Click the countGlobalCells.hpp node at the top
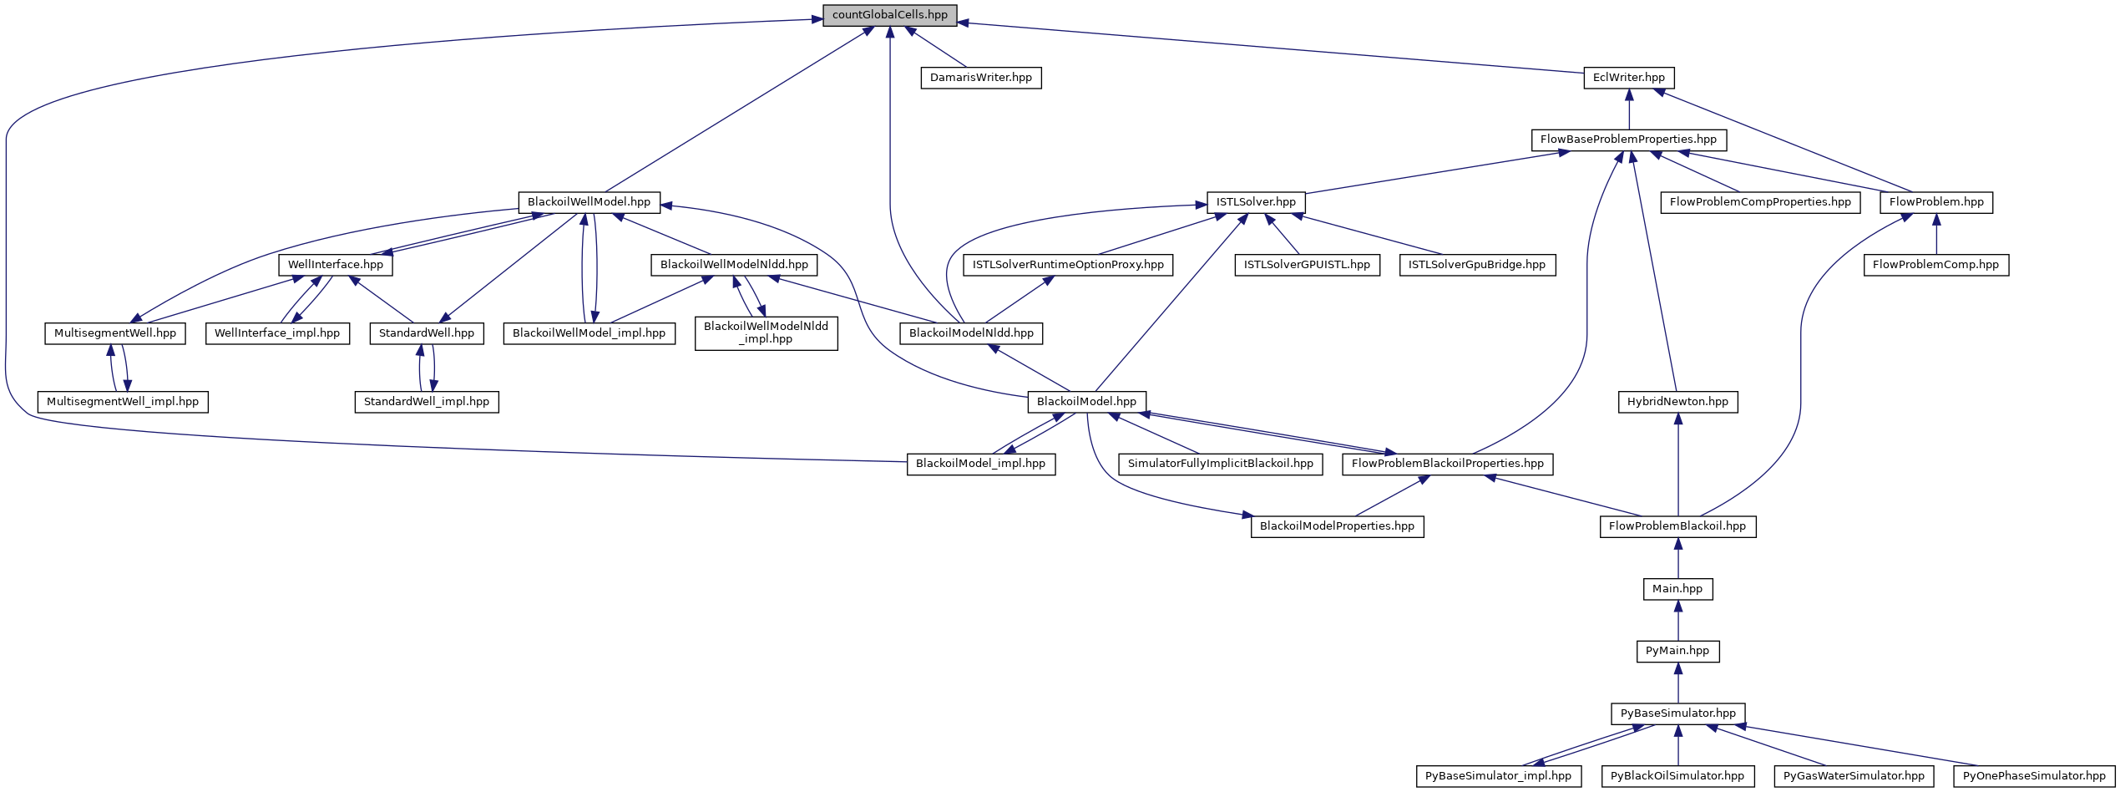tap(889, 15)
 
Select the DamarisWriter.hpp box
tap(980, 78)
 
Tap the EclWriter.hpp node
tap(1628, 78)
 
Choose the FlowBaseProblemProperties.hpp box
tap(1628, 140)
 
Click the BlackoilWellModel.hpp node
tap(589, 202)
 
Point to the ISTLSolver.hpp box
tap(1256, 202)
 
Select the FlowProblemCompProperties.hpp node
tap(1760, 202)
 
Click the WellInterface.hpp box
tap(335, 265)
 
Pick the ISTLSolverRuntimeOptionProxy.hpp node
tap(1068, 265)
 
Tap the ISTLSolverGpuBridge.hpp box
tap(1477, 265)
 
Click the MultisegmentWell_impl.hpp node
tap(123, 402)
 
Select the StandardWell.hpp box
tap(426, 333)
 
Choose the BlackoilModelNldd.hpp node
tap(971, 333)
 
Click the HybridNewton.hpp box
tap(1677, 402)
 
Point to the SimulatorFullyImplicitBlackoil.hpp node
tap(1220, 464)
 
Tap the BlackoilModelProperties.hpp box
tap(1337, 526)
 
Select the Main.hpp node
tap(1677, 589)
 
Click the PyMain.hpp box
tap(1677, 651)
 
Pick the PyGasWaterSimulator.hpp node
tap(1854, 776)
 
